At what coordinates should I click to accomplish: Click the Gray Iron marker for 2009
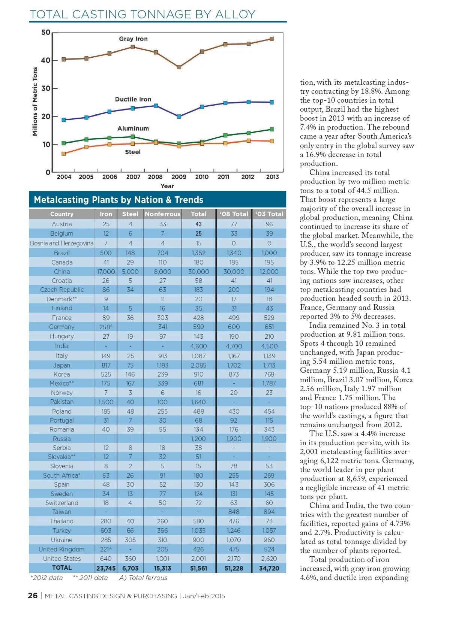[179, 67]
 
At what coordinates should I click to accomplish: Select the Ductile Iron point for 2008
[156, 106]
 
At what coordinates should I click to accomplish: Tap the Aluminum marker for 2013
[272, 129]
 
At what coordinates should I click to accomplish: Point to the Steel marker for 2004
[64, 154]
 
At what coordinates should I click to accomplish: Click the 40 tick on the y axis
[45, 60]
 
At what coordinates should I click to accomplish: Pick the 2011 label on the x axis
[223, 177]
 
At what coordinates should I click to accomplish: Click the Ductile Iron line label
[133, 99]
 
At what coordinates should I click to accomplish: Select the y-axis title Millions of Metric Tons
[35, 102]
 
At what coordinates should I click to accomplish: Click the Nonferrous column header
[162, 214]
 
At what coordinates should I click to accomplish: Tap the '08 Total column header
[234, 214]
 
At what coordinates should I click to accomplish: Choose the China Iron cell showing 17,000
[106, 272]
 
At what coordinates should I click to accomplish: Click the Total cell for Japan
[198, 365]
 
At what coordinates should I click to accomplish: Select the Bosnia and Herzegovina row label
[62, 243]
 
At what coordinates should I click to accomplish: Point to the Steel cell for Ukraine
[130, 540]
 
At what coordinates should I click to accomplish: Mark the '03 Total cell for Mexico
[269, 383]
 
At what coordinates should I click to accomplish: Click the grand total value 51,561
[198, 568]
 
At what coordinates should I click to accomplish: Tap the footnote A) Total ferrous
[143, 578]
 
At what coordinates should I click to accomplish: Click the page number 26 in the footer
[33, 596]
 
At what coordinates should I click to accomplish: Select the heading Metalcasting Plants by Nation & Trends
[118, 200]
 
